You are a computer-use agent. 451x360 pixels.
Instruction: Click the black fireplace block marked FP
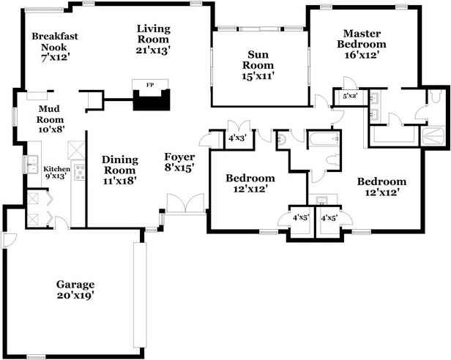151,97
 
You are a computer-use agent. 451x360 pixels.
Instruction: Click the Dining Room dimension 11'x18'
119,181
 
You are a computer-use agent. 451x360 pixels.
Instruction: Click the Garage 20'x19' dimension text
75,296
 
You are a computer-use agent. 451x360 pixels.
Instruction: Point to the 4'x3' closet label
237,137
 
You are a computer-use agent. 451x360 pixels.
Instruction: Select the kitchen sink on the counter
32,165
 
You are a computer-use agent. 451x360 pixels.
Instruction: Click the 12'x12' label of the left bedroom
250,189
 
